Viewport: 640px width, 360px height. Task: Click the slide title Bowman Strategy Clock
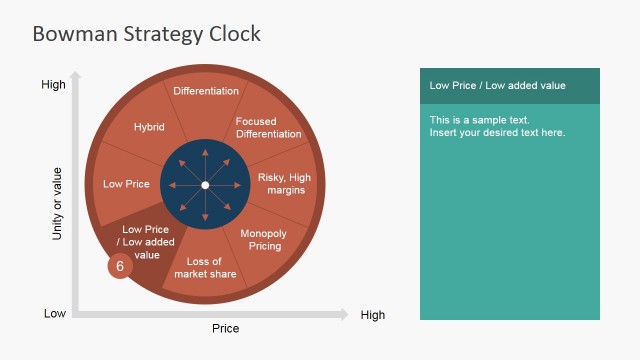tap(146, 34)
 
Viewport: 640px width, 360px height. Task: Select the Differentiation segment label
tap(206, 91)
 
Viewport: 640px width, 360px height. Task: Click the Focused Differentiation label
tap(268, 128)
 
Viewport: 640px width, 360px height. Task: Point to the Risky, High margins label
tap(285, 184)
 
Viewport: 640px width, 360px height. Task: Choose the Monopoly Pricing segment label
tap(264, 240)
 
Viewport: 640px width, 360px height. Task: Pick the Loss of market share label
tap(205, 268)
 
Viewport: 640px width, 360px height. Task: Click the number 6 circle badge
tap(120, 266)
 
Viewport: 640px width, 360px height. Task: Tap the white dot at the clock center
tap(205, 185)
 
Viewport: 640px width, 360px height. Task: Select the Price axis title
tap(225, 328)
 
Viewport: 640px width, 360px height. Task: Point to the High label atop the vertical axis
tap(53, 85)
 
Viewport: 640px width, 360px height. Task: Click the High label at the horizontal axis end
tap(372, 315)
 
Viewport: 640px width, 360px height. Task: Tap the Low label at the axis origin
tap(55, 314)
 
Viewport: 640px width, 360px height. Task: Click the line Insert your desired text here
tap(497, 133)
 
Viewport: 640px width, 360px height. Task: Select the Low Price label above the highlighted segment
tap(126, 184)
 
